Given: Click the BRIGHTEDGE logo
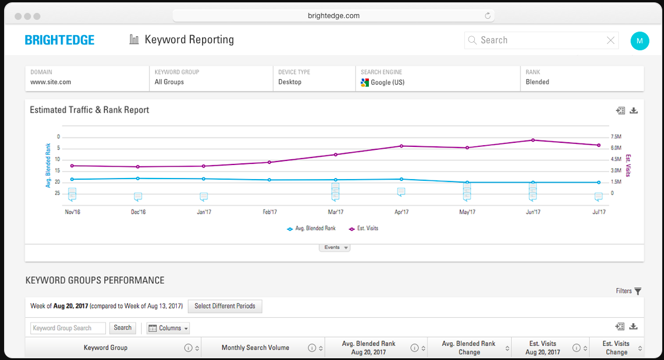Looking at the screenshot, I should (59, 40).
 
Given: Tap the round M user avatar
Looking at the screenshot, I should (639, 40).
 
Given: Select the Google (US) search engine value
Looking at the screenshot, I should (387, 83).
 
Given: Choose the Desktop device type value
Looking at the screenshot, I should (290, 82).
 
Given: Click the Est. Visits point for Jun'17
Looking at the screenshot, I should (533, 140).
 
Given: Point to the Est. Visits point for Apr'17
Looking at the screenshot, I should (401, 146).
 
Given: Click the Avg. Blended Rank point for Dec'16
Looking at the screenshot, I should (138, 179).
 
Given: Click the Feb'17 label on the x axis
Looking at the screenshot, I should (270, 212).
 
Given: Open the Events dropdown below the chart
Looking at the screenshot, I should (334, 248).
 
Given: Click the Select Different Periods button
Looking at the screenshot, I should (225, 306).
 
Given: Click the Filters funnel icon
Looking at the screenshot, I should (638, 291).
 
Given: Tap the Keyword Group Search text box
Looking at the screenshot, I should (68, 328).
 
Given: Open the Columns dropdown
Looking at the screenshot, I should (168, 328).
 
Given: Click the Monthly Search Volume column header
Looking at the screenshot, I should (255, 348).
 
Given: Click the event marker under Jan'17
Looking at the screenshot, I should (204, 197).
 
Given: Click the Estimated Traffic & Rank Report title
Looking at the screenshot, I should (90, 110).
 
